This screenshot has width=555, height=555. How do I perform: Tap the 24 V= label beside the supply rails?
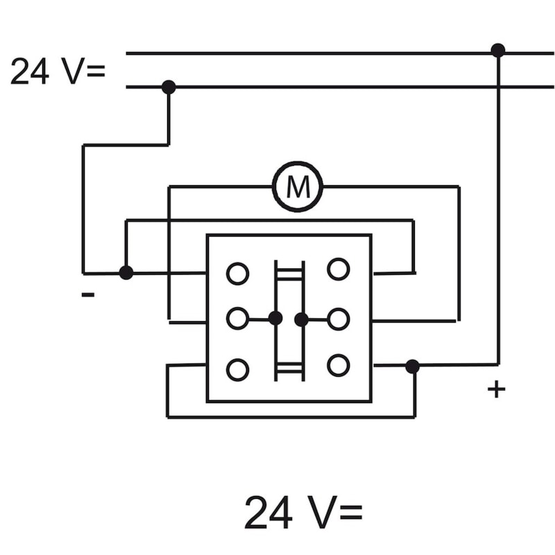click(58, 71)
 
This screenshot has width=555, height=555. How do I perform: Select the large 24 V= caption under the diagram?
click(303, 512)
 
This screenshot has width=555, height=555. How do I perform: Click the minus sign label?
click(88, 294)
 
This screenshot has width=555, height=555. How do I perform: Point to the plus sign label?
click(496, 389)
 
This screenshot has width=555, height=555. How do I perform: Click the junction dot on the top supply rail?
click(498, 51)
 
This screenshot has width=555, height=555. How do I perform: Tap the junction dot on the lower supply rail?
click(169, 87)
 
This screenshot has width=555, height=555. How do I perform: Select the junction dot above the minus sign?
click(126, 273)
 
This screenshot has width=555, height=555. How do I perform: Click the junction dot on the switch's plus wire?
click(412, 366)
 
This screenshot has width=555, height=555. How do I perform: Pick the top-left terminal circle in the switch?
click(237, 273)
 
